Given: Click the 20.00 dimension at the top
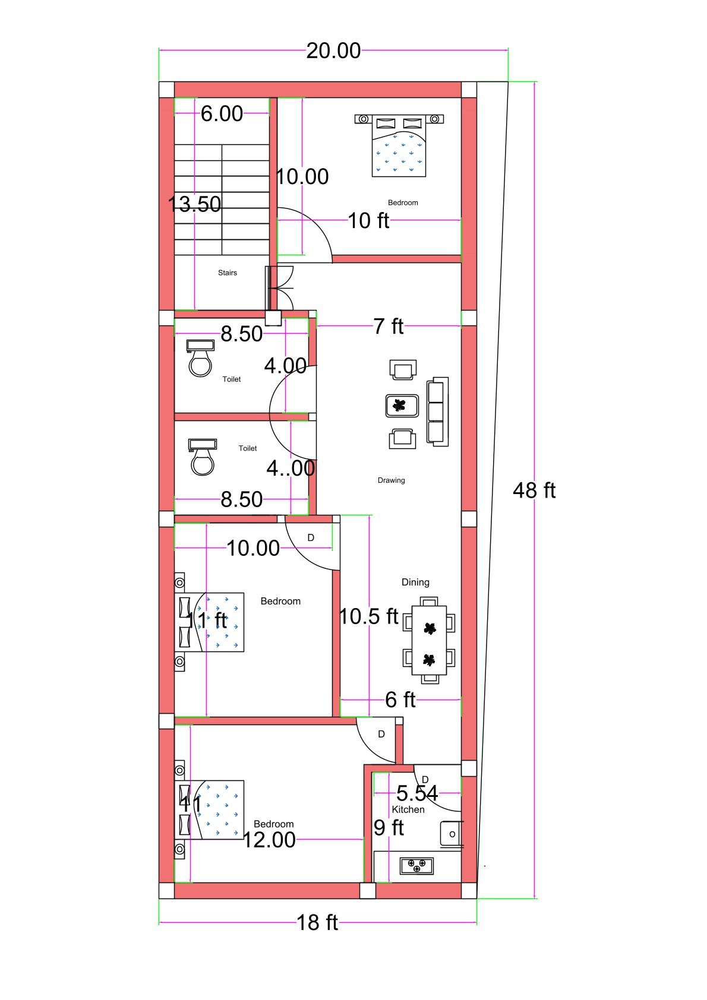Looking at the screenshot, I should tap(333, 51).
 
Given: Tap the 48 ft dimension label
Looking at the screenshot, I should tap(534, 490).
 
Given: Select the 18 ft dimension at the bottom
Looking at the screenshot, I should tap(317, 922).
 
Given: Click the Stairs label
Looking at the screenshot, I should tap(227, 273).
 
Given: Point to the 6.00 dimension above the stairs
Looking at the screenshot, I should tap(222, 113).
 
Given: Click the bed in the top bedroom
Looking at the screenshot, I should tap(399, 145).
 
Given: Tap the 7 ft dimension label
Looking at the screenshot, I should tap(389, 326).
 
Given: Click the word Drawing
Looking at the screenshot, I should tap(391, 480).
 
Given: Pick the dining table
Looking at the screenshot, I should tap(429, 640).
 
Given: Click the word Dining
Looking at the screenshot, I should tap(415, 582).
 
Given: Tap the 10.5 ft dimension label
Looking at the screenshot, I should tap(368, 616).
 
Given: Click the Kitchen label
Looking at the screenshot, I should tap(408, 809).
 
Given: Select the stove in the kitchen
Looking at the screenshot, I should tap(416, 865).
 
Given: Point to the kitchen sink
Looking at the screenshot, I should tap(452, 833).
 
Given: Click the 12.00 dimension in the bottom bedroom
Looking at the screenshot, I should tap(269, 839).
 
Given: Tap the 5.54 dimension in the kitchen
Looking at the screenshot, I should tap(417, 793).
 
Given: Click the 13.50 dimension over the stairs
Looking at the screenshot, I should tap(194, 204).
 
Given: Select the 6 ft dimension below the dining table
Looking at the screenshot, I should tap(400, 700).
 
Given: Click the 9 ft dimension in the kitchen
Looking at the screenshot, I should tap(389, 827).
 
